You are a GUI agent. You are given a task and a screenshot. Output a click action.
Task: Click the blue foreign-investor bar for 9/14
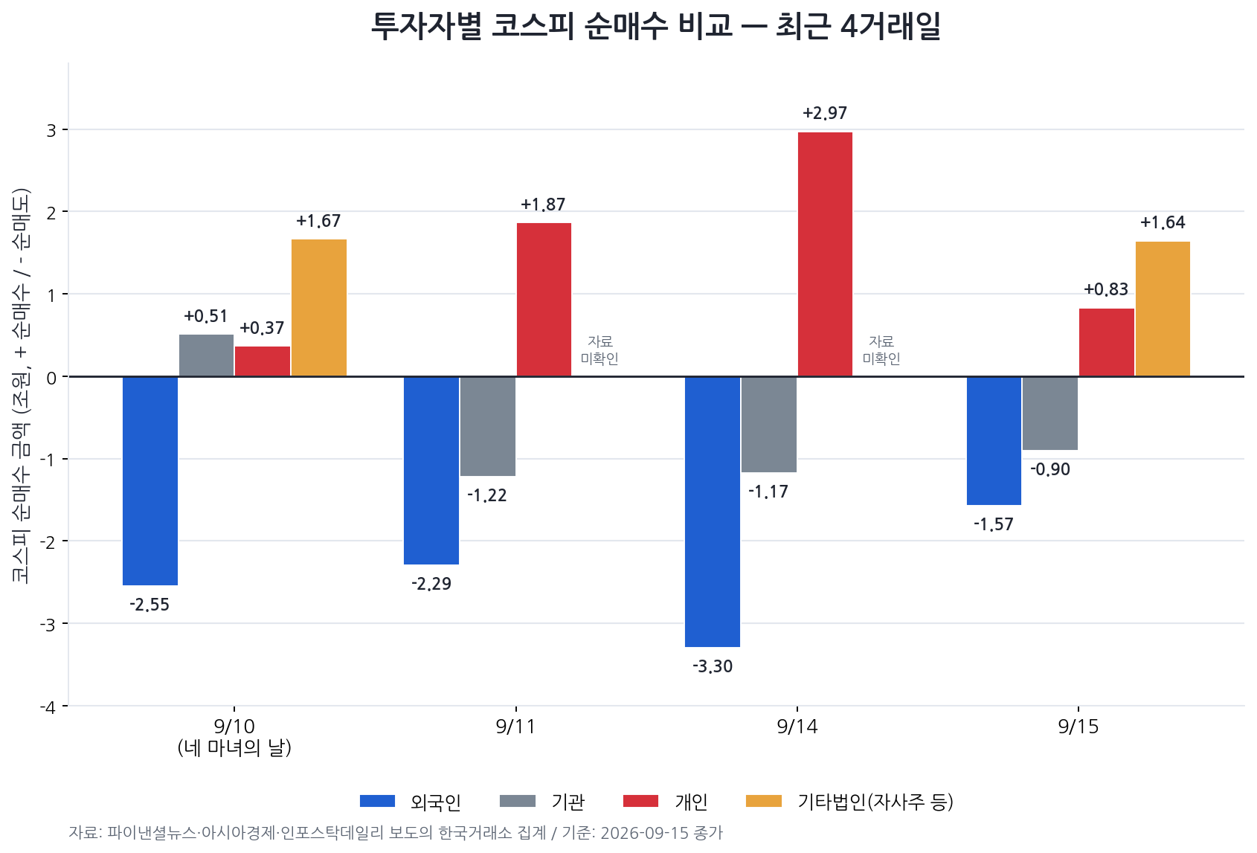713,512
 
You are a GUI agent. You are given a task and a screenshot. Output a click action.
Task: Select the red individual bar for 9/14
825,254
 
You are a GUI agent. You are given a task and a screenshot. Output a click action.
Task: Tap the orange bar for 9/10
319,308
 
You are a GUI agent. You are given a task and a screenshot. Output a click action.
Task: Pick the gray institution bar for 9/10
207,355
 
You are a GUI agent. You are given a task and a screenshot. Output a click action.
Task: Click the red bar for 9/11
544,300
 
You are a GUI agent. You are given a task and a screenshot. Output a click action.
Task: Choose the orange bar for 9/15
1163,309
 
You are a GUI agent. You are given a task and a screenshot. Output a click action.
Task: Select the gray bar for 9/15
1050,413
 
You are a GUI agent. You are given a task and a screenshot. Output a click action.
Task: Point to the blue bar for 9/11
431,470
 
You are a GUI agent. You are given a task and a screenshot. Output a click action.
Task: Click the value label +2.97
825,113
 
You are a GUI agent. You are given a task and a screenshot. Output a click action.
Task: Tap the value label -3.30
713,666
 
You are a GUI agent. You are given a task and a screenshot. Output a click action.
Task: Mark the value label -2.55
150,605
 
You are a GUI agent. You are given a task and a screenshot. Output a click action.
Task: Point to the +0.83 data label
1106,289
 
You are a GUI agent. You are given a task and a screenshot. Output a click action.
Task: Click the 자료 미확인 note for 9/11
600,350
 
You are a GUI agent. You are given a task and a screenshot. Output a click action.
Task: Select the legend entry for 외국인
411,802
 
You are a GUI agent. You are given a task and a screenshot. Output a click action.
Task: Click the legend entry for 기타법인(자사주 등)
849,802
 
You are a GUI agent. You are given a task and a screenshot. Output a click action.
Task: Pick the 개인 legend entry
666,802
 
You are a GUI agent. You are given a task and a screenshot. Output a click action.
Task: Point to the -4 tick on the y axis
48,707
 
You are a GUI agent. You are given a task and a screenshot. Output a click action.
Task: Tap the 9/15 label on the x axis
1078,727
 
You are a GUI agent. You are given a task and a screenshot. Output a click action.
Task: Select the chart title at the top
656,26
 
